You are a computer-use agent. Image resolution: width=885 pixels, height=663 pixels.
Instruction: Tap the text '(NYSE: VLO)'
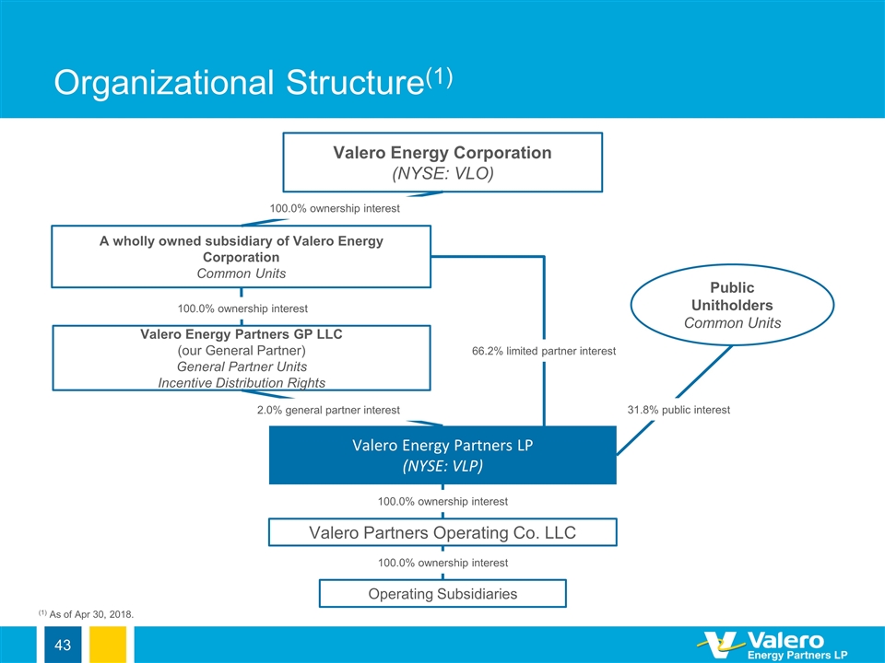click(x=442, y=173)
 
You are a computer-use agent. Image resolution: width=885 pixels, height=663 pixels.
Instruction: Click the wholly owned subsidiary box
click(x=241, y=257)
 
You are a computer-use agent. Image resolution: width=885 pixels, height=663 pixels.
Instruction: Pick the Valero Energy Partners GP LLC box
click(x=241, y=357)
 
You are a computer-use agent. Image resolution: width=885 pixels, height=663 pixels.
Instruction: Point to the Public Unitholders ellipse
click(x=732, y=305)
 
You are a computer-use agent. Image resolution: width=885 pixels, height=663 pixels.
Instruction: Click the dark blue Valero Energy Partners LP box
click(x=442, y=455)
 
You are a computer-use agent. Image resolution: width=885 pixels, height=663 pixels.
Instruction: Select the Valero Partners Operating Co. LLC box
click(x=442, y=532)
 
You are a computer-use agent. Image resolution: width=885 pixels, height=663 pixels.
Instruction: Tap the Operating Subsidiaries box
click(x=442, y=594)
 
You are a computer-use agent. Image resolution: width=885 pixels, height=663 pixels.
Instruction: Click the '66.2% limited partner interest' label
click(x=543, y=351)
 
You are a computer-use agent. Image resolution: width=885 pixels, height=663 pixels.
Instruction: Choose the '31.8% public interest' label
click(x=678, y=410)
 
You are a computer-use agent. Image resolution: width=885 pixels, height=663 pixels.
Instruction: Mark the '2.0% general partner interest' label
click(x=328, y=410)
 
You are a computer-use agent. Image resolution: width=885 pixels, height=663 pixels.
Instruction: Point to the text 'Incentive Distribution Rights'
click(x=242, y=382)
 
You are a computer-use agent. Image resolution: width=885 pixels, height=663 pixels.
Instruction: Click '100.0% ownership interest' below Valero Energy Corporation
click(x=335, y=209)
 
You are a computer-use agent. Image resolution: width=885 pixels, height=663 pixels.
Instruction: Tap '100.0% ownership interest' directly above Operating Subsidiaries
click(x=442, y=563)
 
